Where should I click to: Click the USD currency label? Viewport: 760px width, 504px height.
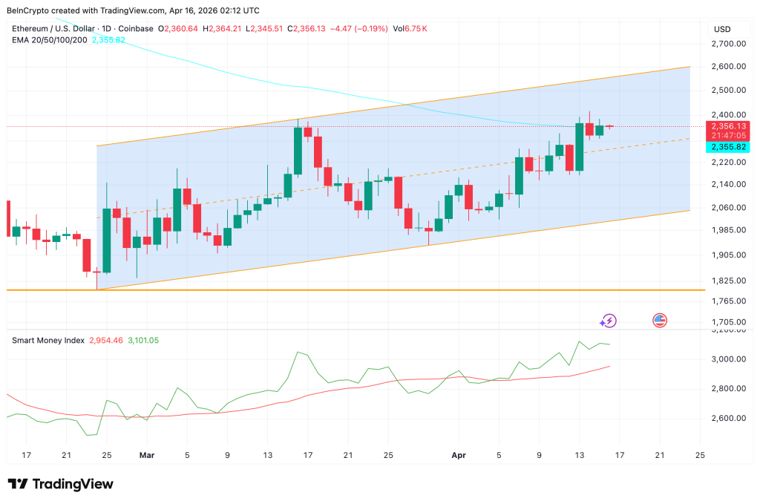[x=722, y=29]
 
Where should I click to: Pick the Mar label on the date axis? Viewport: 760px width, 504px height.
[x=147, y=455]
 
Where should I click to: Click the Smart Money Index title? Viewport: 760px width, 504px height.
[x=48, y=340]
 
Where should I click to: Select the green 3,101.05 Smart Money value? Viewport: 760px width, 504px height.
[x=142, y=340]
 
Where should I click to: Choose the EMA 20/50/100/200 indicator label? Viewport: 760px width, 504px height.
[x=49, y=39]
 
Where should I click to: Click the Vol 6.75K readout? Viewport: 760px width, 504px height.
[x=410, y=28]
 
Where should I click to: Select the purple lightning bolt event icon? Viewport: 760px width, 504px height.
[x=608, y=321]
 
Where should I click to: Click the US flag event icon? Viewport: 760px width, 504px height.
[x=659, y=321]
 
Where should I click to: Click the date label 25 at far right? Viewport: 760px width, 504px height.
[x=699, y=455]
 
